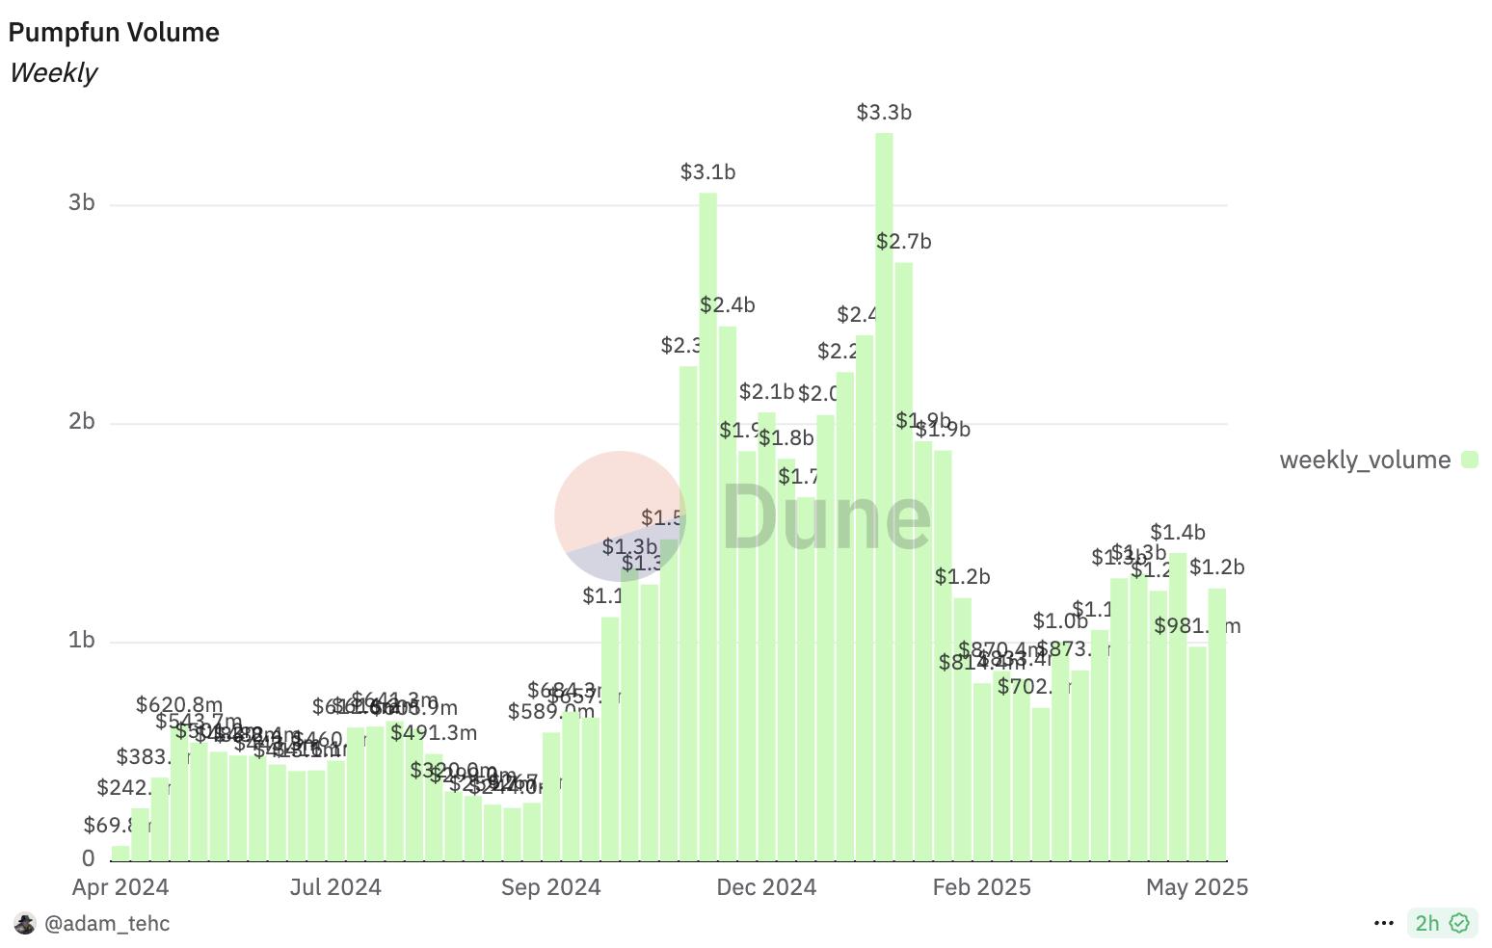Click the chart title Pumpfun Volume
point(114,33)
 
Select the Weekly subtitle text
point(53,73)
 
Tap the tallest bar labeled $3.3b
point(884,482)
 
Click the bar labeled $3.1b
point(707,520)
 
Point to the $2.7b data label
point(904,242)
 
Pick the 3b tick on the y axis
point(81,203)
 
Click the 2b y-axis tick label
point(81,422)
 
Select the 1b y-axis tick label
point(81,641)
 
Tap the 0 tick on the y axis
point(89,858)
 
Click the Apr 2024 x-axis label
point(120,887)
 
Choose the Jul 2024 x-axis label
point(335,887)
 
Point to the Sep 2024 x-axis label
point(550,887)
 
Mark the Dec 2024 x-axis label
point(766,887)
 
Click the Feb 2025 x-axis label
point(981,887)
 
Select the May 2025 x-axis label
point(1197,887)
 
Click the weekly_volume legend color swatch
point(1469,460)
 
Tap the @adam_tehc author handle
point(107,924)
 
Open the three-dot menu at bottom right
point(1384,924)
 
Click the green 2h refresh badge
point(1442,923)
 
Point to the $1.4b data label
point(1178,533)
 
